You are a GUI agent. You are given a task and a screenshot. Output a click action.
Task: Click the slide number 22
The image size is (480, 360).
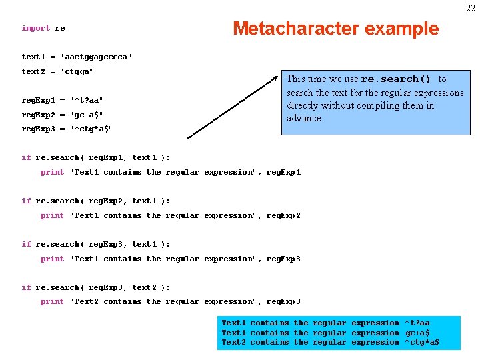(471, 7)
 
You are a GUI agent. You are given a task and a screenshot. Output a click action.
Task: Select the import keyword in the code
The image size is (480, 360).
(35, 28)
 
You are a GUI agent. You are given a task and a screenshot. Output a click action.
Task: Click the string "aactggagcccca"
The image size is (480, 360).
(96, 57)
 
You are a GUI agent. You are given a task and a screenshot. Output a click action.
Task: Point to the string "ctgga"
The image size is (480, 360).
(77, 71)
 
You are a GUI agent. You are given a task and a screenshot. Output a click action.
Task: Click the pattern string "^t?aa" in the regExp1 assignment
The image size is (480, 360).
(86, 100)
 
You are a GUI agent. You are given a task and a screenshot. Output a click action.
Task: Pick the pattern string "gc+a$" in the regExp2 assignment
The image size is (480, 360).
(86, 115)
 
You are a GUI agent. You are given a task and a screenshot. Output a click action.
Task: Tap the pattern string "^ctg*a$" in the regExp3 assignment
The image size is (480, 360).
(91, 129)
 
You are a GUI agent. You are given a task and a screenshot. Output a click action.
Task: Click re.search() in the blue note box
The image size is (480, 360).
(395, 79)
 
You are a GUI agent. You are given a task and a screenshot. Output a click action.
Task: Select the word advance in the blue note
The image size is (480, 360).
(304, 118)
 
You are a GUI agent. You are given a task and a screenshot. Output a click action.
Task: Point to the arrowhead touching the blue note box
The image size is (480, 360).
(277, 79)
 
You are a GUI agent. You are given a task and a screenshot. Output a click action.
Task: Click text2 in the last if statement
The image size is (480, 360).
(144, 287)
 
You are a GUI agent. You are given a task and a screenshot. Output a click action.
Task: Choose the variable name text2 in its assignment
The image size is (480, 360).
(33, 71)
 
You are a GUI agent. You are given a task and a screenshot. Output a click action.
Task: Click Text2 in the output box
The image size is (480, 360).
(233, 342)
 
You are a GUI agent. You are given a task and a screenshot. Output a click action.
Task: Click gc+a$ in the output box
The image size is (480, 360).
(417, 333)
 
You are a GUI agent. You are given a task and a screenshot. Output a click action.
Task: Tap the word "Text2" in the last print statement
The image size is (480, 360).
(86, 301)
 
